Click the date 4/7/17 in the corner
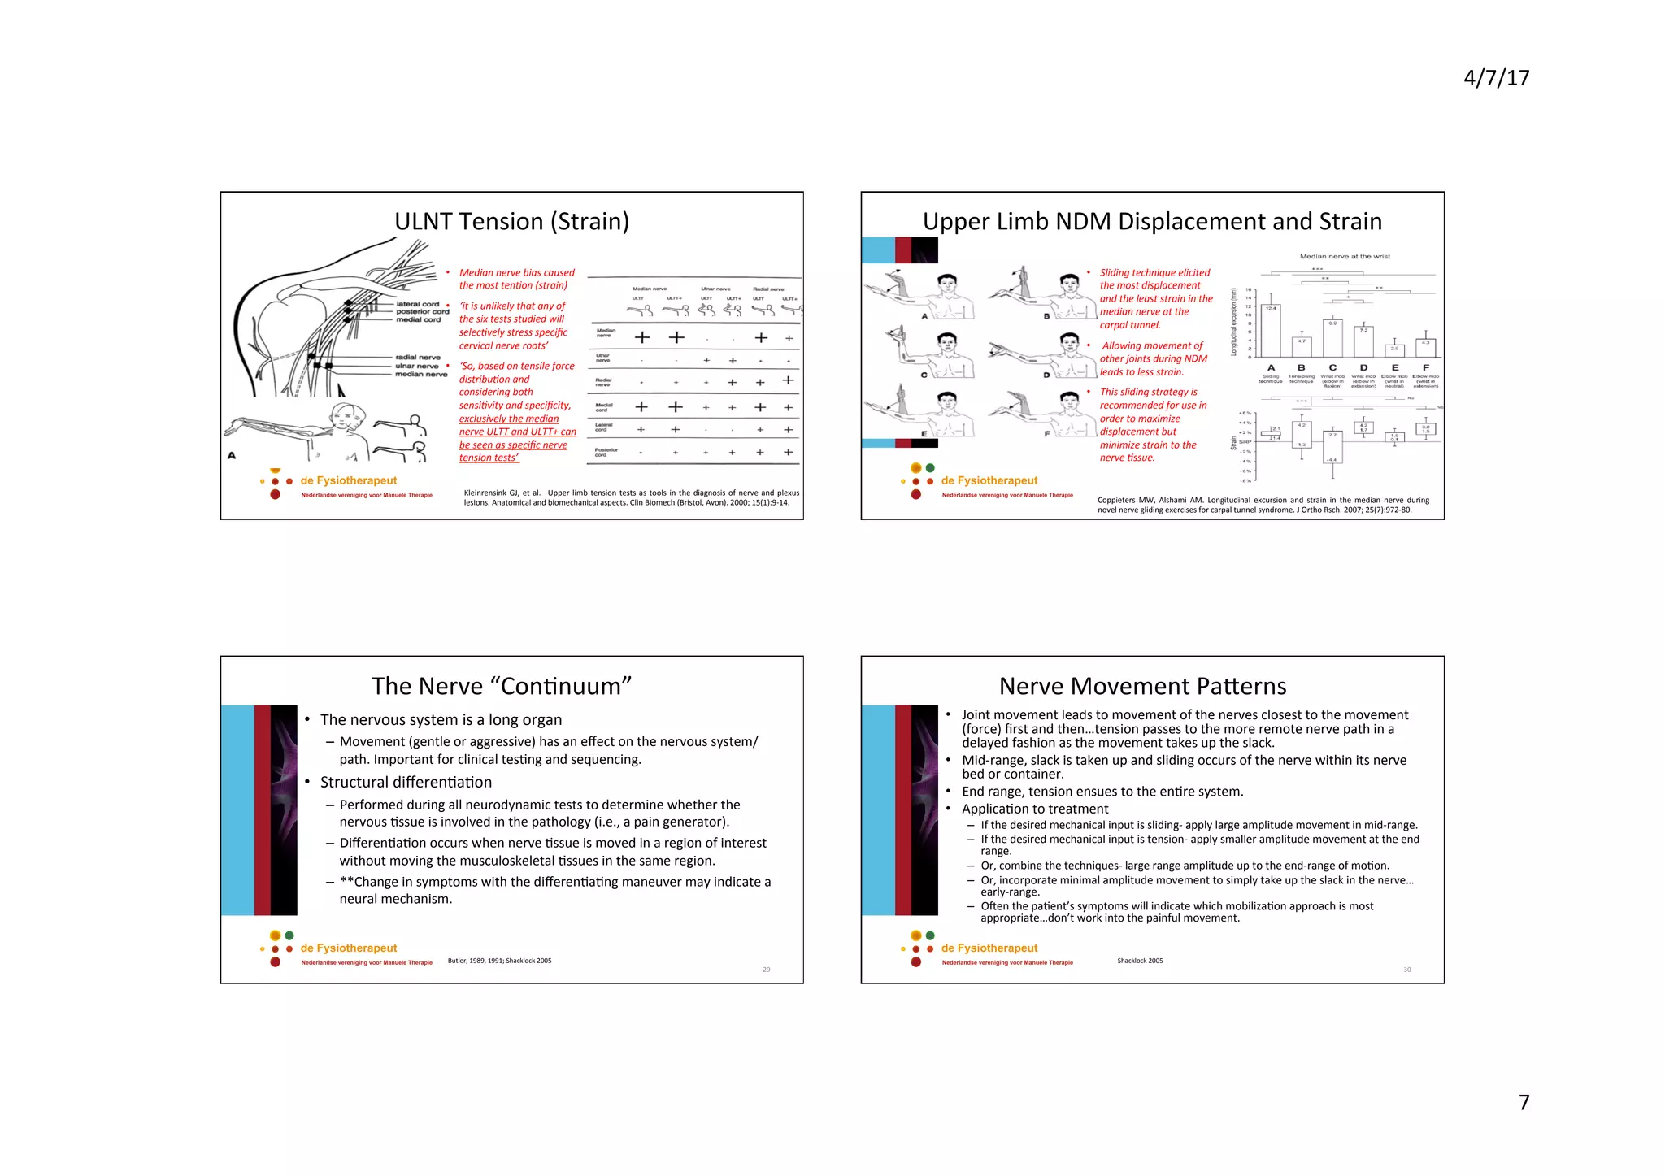[1496, 78]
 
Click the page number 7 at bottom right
[1524, 1102]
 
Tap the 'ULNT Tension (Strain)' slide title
[511, 221]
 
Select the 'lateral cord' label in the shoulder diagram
[418, 304]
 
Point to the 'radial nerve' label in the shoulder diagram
[418, 357]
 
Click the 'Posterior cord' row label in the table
[606, 452]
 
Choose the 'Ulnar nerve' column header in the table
[715, 289]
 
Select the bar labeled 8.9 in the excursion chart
[1332, 337]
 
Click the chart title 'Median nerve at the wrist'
[1345, 256]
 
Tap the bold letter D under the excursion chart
[1363, 367]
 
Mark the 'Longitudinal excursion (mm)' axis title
[1234, 322]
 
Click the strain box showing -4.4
[1332, 447]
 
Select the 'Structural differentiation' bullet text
[406, 782]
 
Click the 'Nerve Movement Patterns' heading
[1142, 686]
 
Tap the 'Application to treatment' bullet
[1034, 809]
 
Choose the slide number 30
[1406, 970]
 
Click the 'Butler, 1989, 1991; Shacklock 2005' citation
[499, 961]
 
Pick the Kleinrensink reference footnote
[631, 497]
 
